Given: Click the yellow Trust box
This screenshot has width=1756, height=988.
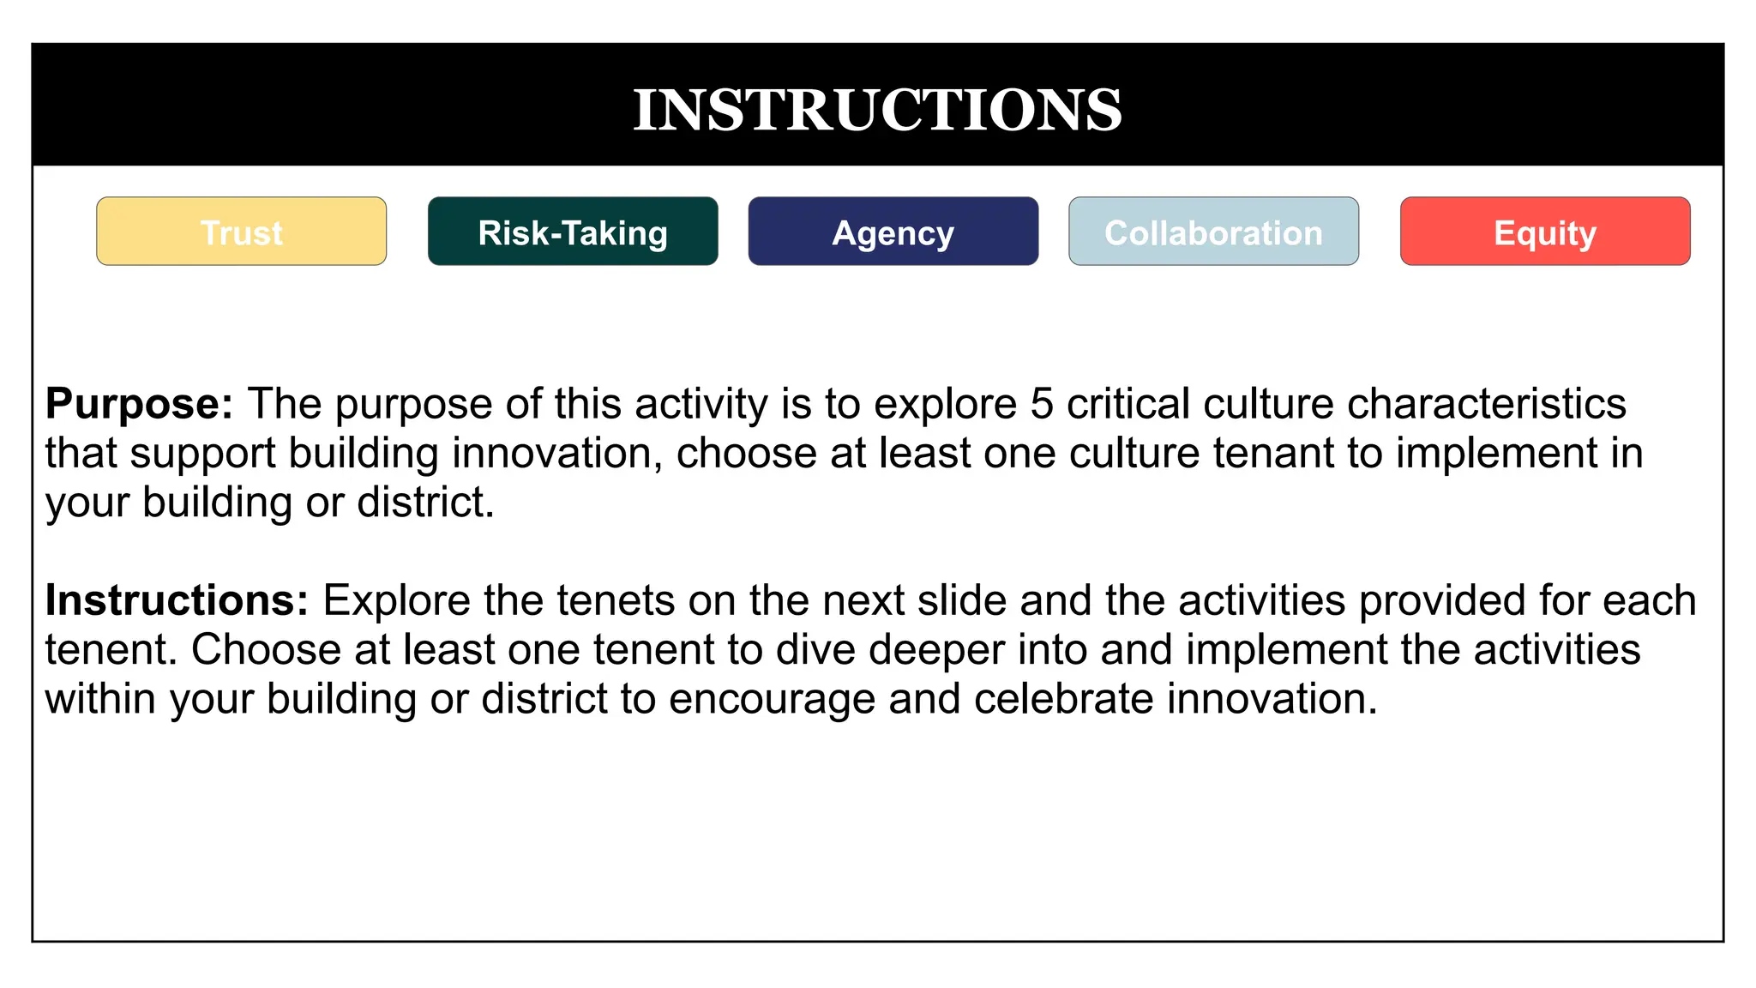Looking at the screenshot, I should (241, 232).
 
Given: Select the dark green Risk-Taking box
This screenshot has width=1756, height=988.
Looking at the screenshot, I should (573, 232).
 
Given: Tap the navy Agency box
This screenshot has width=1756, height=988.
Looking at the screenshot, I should (893, 232).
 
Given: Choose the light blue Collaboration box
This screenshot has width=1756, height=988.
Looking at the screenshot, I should (1213, 232).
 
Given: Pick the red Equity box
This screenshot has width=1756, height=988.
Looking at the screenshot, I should (1545, 232).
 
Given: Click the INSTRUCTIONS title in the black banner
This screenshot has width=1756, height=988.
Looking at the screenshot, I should (877, 109).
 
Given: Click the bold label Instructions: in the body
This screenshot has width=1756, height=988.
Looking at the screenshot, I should (177, 600).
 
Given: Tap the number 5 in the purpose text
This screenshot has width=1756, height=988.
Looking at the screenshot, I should (1042, 404).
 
